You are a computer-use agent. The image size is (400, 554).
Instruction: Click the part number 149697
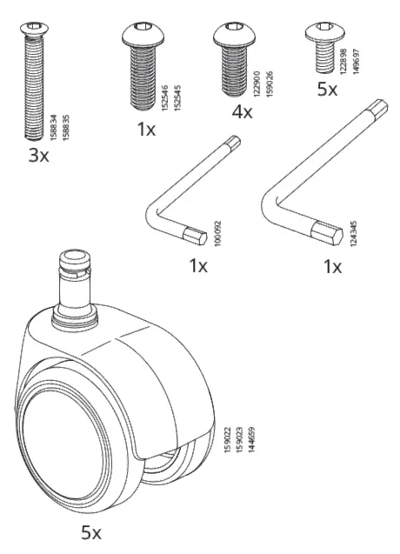click(x=355, y=65)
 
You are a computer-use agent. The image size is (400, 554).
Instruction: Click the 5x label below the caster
click(x=90, y=531)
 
